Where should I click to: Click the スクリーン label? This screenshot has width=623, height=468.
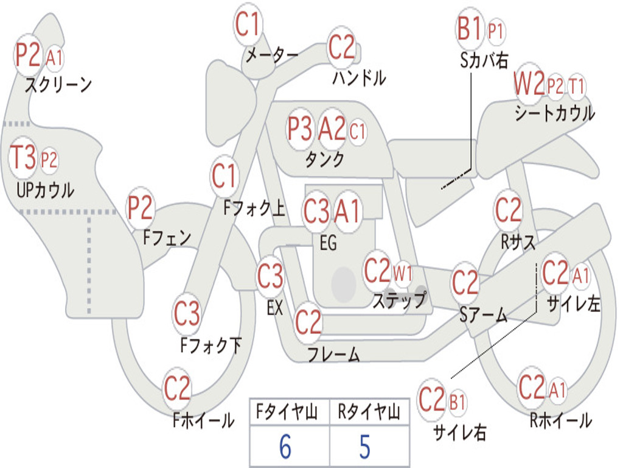pyautogui.click(x=58, y=85)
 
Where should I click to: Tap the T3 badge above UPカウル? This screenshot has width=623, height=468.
pyautogui.click(x=23, y=157)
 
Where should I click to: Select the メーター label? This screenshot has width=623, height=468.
pyautogui.click(x=272, y=55)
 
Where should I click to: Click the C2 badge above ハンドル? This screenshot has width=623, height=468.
pyautogui.click(x=341, y=47)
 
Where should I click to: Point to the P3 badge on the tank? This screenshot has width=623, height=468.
pyautogui.click(x=299, y=129)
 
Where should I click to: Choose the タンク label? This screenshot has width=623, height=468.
pyautogui.click(x=325, y=159)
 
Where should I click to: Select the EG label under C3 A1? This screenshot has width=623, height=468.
pyautogui.click(x=328, y=243)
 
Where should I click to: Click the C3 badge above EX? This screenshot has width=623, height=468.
pyautogui.click(x=270, y=275)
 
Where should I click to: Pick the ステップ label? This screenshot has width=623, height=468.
pyautogui.click(x=399, y=300)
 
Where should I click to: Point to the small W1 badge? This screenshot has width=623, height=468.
pyautogui.click(x=403, y=274)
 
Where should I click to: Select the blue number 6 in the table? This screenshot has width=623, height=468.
pyautogui.click(x=285, y=447)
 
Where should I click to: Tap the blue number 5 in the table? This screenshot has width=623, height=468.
pyautogui.click(x=365, y=447)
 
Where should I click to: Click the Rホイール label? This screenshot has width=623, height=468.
pyautogui.click(x=560, y=420)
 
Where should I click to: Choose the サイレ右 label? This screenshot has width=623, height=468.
pyautogui.click(x=460, y=432)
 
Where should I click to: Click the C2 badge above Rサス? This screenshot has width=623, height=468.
pyautogui.click(x=508, y=209)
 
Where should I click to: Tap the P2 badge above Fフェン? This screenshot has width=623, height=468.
pyautogui.click(x=140, y=207)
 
